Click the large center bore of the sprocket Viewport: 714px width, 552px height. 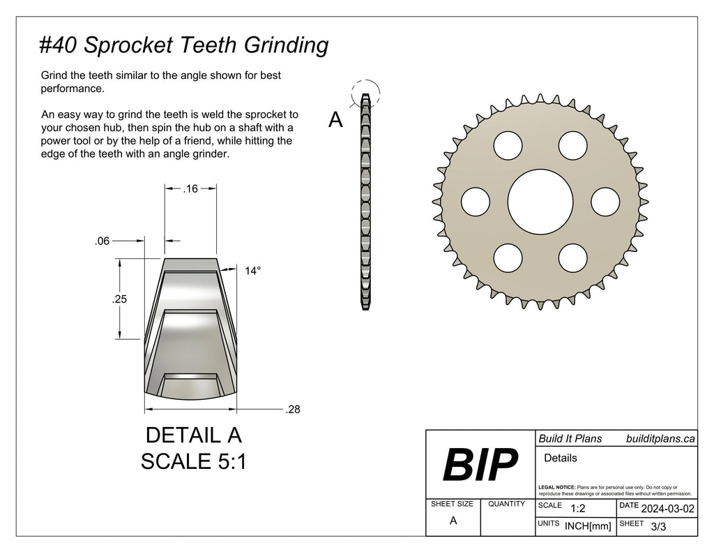pos(540,202)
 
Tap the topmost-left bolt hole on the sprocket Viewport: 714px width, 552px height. pos(508,145)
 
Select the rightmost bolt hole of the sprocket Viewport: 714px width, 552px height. pos(605,202)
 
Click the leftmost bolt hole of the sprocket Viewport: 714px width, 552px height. pos(475,202)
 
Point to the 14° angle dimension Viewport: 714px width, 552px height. pos(253,271)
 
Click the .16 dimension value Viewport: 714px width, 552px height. pos(190,188)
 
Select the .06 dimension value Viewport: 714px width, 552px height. pos(102,241)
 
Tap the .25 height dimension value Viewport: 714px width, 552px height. pos(120,299)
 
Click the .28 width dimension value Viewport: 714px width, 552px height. pos(293,410)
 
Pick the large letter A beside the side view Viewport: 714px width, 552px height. pos(335,121)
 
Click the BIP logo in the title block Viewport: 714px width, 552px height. pos(480,464)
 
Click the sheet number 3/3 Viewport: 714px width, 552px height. pos(658,527)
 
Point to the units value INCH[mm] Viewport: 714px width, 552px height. pos(588,526)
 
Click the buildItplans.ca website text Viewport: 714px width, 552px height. pos(660,438)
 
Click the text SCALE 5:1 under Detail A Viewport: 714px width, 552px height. pos(193,461)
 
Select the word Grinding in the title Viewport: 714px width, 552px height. pos(285,45)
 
